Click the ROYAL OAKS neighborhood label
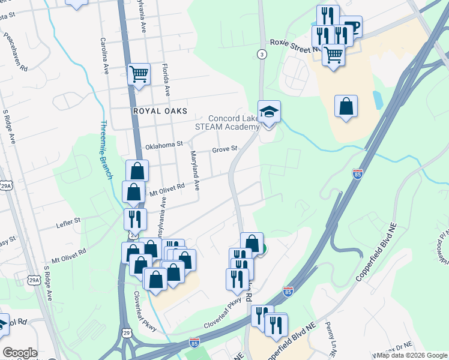(160, 112)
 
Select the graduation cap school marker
(269, 112)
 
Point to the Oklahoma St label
(164, 145)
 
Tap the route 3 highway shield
(262, 54)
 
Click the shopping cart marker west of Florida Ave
(139, 75)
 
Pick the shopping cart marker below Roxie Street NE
(333, 55)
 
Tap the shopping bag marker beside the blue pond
(346, 107)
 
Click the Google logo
(20, 353)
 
